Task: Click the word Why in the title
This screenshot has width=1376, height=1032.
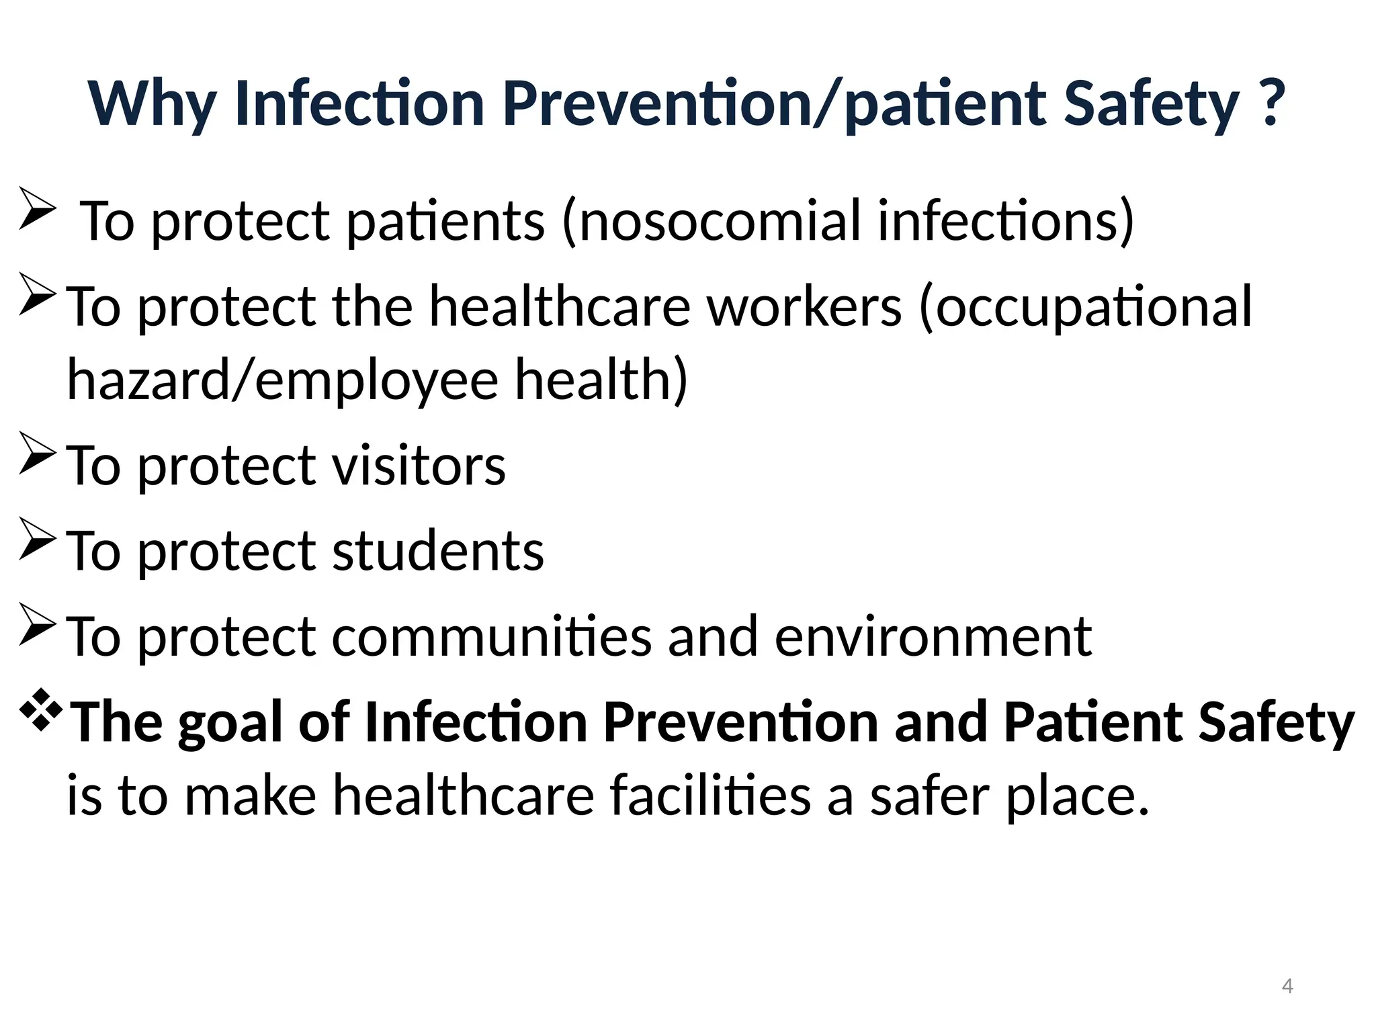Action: pos(152,104)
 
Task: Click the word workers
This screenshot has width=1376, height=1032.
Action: pos(804,306)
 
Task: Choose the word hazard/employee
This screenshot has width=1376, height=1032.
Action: pos(282,380)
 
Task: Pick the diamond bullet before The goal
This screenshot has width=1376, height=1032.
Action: pos(42,709)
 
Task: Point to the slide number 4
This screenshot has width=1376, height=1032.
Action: pos(1287,986)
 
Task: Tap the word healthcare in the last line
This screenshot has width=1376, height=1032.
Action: pos(463,795)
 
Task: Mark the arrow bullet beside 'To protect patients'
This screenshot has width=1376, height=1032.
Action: pos(37,208)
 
